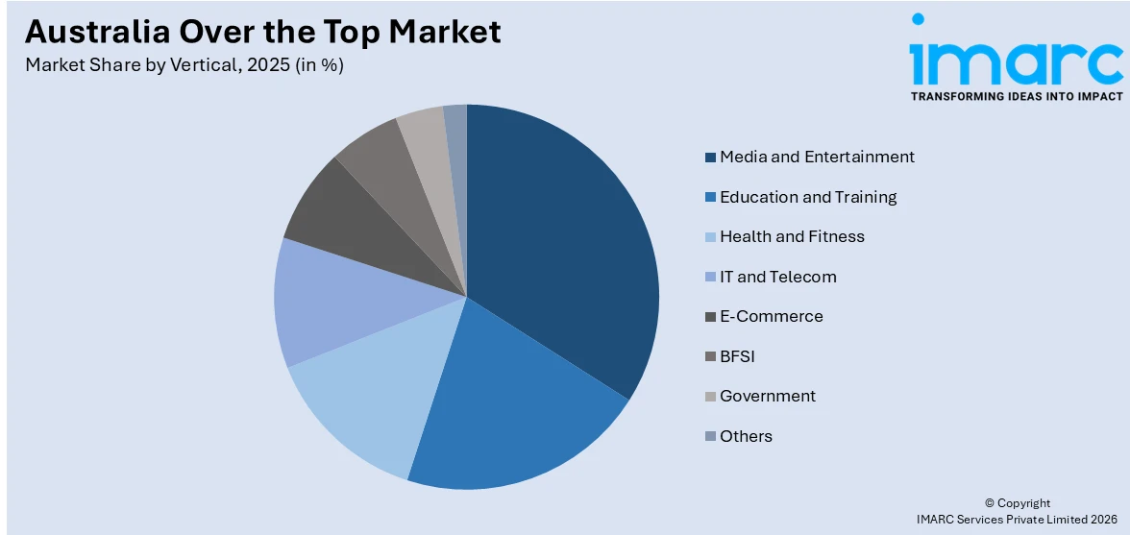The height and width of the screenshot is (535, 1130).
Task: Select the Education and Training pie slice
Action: [509, 413]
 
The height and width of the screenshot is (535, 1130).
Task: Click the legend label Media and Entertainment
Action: [817, 157]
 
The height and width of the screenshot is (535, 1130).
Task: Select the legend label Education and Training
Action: [808, 197]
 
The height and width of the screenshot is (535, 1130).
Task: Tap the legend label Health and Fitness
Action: [792, 236]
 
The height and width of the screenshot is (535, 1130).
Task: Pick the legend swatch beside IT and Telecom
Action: [710, 278]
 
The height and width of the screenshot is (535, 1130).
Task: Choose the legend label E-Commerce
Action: [771, 316]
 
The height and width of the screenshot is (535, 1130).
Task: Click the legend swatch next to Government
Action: [710, 397]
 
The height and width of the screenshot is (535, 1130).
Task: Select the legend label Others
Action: [746, 436]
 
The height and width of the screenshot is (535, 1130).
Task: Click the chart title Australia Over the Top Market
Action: [262, 32]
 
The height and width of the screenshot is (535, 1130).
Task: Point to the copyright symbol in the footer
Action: [991, 503]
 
